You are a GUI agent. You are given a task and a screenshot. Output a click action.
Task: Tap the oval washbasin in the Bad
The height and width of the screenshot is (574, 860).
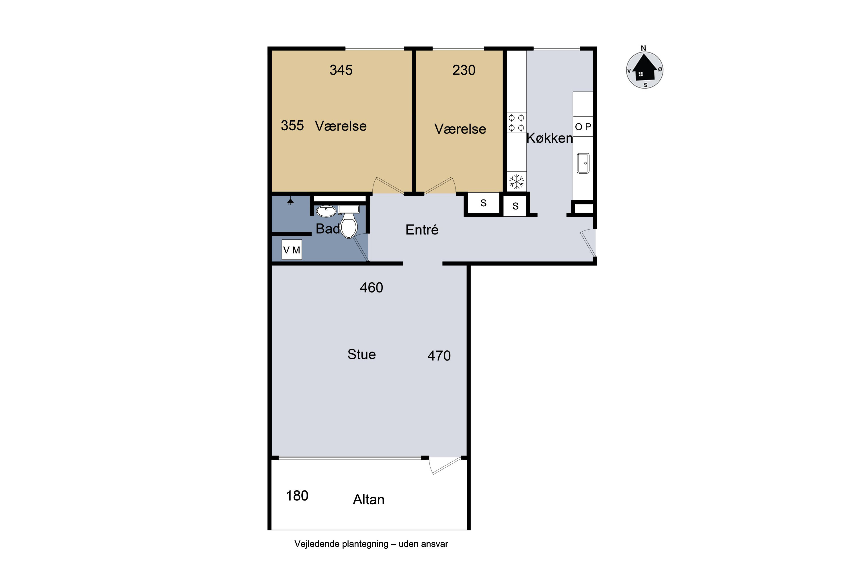326,211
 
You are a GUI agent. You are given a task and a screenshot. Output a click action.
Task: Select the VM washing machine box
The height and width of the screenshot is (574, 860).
292,250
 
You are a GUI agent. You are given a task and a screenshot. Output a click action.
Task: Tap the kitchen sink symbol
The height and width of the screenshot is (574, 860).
583,163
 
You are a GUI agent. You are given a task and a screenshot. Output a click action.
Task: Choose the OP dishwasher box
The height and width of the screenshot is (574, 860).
583,127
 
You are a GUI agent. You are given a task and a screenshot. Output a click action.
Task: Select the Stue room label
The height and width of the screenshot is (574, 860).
361,354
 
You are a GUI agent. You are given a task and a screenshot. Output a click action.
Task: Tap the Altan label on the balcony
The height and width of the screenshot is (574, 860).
369,500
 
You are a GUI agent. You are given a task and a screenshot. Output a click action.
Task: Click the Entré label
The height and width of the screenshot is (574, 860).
422,230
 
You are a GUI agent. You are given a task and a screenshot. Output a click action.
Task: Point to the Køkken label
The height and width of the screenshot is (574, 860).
550,138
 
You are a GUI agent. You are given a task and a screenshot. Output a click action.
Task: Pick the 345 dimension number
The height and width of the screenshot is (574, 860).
341,70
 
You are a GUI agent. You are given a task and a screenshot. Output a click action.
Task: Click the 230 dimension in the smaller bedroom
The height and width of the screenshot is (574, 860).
464,70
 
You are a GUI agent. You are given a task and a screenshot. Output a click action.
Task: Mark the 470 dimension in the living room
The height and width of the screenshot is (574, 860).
439,356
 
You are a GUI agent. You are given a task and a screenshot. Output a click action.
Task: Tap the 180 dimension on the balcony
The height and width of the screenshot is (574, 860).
297,496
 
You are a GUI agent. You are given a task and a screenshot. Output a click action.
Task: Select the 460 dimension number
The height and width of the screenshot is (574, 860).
372,288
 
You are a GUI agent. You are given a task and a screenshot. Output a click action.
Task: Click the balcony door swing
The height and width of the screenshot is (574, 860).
445,466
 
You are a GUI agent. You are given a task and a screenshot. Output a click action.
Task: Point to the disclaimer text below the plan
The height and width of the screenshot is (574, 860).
371,544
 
